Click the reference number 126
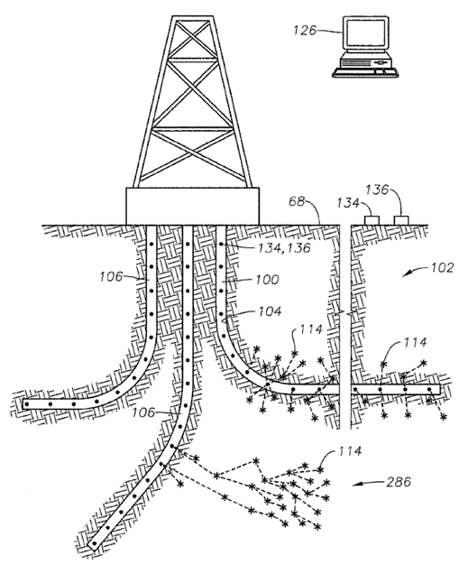[305, 30]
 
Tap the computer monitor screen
[365, 32]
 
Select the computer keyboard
[365, 71]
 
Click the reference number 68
[297, 201]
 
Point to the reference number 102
[441, 267]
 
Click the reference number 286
[399, 482]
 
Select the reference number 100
[267, 280]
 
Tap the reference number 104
[270, 311]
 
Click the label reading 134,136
[284, 248]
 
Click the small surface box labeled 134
[372, 220]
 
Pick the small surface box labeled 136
[401, 220]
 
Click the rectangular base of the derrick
[192, 206]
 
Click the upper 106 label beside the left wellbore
[111, 277]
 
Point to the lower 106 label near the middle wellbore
[142, 412]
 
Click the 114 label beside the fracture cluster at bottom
[350, 451]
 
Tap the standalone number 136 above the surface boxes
[377, 190]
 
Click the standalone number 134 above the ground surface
[348, 203]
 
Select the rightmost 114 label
[415, 342]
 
